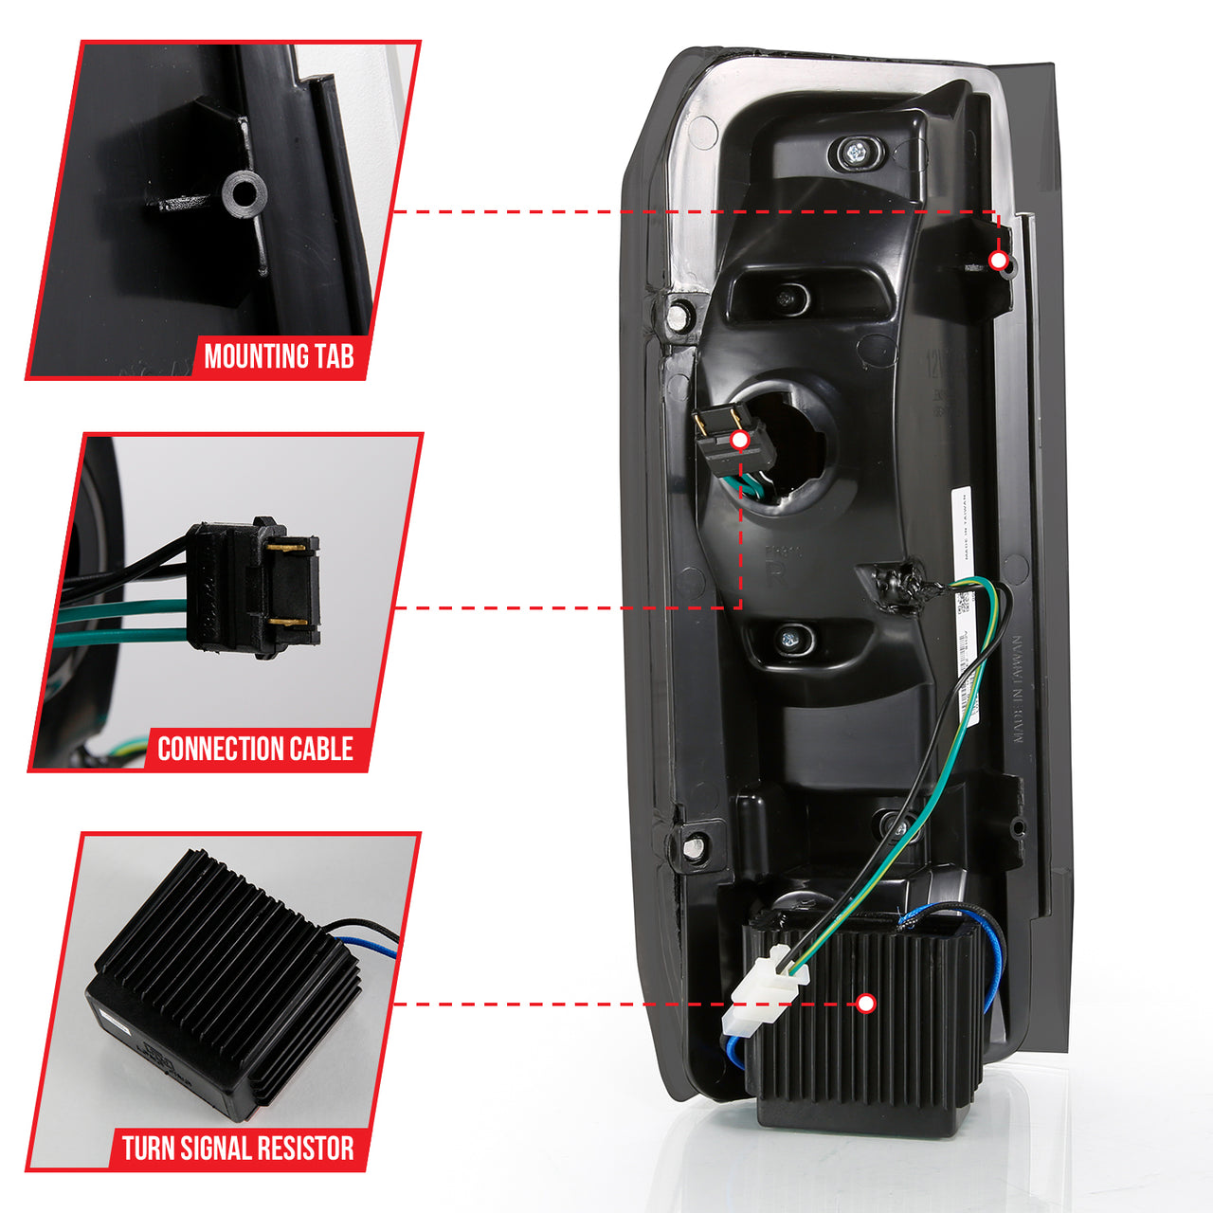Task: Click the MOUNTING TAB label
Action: (x=279, y=357)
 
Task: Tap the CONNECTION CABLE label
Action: (x=255, y=749)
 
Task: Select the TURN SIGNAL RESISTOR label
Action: (x=238, y=1149)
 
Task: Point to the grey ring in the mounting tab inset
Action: (x=244, y=193)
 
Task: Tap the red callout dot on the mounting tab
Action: (x=998, y=260)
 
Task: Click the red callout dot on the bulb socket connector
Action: (x=740, y=440)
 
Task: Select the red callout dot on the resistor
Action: (x=865, y=1004)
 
